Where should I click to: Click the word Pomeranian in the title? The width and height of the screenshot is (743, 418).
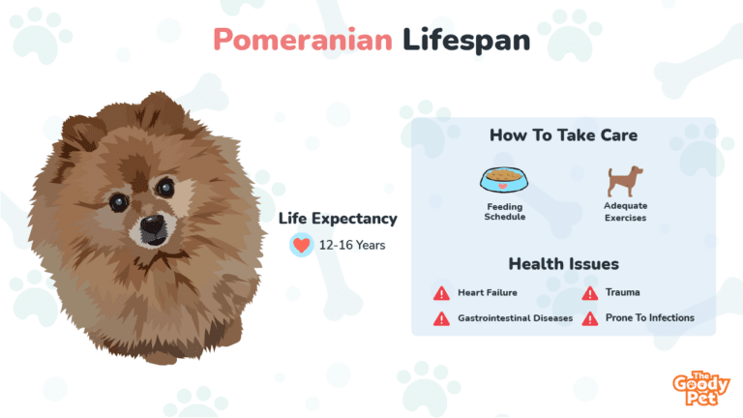pyautogui.click(x=303, y=40)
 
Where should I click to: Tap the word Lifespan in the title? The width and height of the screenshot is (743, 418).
pyautogui.click(x=466, y=41)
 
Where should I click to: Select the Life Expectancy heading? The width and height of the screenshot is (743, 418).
pyautogui.click(x=338, y=219)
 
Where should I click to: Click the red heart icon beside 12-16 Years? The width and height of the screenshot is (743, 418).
pyautogui.click(x=302, y=245)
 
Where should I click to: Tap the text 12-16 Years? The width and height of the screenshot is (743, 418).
pyautogui.click(x=352, y=245)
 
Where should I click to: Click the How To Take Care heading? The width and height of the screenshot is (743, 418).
pyautogui.click(x=563, y=135)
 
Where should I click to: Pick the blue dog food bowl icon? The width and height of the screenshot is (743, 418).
pyautogui.click(x=504, y=180)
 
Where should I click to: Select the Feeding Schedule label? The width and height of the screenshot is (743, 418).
pyautogui.click(x=505, y=211)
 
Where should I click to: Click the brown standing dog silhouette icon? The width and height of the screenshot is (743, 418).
pyautogui.click(x=625, y=181)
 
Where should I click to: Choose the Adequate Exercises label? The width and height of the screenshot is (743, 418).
pyautogui.click(x=626, y=212)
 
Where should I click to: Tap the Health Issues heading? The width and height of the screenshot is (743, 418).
pyautogui.click(x=563, y=264)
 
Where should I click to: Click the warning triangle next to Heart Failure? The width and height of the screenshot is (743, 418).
pyautogui.click(x=441, y=293)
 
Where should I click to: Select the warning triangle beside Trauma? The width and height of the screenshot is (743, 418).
pyautogui.click(x=590, y=293)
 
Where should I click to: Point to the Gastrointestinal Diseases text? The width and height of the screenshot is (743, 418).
pyautogui.click(x=515, y=318)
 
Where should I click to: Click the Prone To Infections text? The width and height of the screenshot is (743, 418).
pyautogui.click(x=650, y=318)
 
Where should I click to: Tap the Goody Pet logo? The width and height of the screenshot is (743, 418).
pyautogui.click(x=700, y=389)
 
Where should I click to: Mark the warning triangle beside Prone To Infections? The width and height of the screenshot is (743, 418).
pyautogui.click(x=590, y=318)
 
